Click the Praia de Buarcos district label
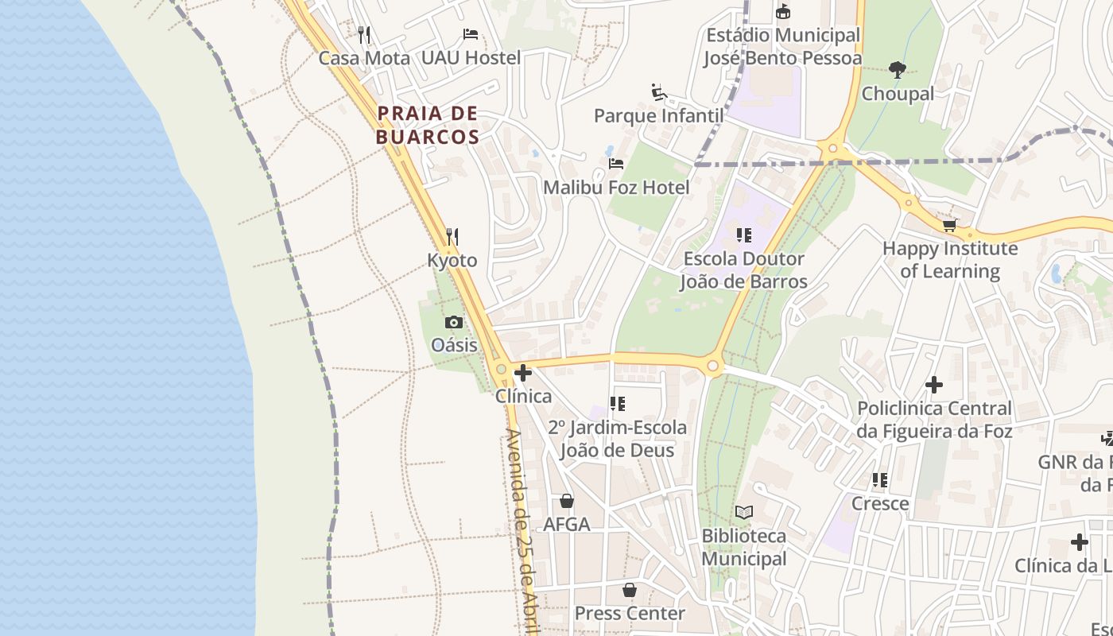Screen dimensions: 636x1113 pyautogui.click(x=428, y=125)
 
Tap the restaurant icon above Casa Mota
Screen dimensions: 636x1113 pyautogui.click(x=364, y=34)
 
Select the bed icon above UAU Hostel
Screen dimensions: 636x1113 pyautogui.click(x=471, y=34)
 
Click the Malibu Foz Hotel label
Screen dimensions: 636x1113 pyautogui.click(x=616, y=188)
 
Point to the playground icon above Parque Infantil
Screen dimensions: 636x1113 pyautogui.click(x=658, y=92)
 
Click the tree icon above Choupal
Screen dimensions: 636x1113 pyautogui.click(x=898, y=70)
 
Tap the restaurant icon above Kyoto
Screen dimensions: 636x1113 pyautogui.click(x=452, y=236)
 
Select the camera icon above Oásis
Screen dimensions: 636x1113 pyautogui.click(x=454, y=322)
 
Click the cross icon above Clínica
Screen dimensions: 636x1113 pyautogui.click(x=523, y=372)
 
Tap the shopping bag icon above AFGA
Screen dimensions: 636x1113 pyautogui.click(x=567, y=501)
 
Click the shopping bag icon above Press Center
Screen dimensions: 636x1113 pyautogui.click(x=630, y=590)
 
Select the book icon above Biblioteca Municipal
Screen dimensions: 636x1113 pyautogui.click(x=743, y=513)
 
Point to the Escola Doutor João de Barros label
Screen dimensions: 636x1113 pyautogui.click(x=744, y=270)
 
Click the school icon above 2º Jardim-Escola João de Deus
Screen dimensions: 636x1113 pyautogui.click(x=617, y=404)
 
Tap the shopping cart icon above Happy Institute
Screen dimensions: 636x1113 pyautogui.click(x=949, y=225)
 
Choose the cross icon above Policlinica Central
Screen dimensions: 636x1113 pyautogui.click(x=934, y=385)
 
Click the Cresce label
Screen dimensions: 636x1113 pyautogui.click(x=880, y=503)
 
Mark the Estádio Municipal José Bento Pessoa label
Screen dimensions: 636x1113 pyautogui.click(x=783, y=47)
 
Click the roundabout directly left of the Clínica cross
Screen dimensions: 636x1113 pyautogui.click(x=501, y=369)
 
